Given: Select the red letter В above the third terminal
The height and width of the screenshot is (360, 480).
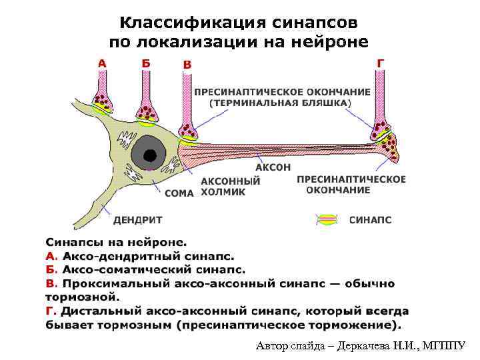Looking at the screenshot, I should pyautogui.click(x=187, y=64).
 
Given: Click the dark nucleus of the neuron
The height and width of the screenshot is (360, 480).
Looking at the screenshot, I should pyautogui.click(x=151, y=156).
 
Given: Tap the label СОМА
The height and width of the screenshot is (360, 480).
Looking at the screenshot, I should pyautogui.click(x=178, y=193).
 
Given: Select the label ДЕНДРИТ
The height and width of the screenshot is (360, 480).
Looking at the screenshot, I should pyautogui.click(x=138, y=219).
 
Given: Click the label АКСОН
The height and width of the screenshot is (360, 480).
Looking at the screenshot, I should pyautogui.click(x=273, y=167).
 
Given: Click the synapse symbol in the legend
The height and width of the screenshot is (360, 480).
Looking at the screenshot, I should pyautogui.click(x=328, y=219).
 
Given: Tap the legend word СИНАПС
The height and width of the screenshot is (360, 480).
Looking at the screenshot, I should pyautogui.click(x=370, y=219).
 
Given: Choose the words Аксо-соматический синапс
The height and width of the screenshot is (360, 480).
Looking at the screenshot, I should pyautogui.click(x=154, y=270).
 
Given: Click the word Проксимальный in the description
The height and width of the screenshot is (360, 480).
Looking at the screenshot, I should pyautogui.click(x=114, y=284).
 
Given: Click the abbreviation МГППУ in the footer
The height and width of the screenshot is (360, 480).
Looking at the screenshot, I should pyautogui.click(x=445, y=346).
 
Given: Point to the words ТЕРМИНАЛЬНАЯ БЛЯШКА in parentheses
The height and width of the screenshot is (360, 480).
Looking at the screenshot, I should pyautogui.click(x=279, y=104).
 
